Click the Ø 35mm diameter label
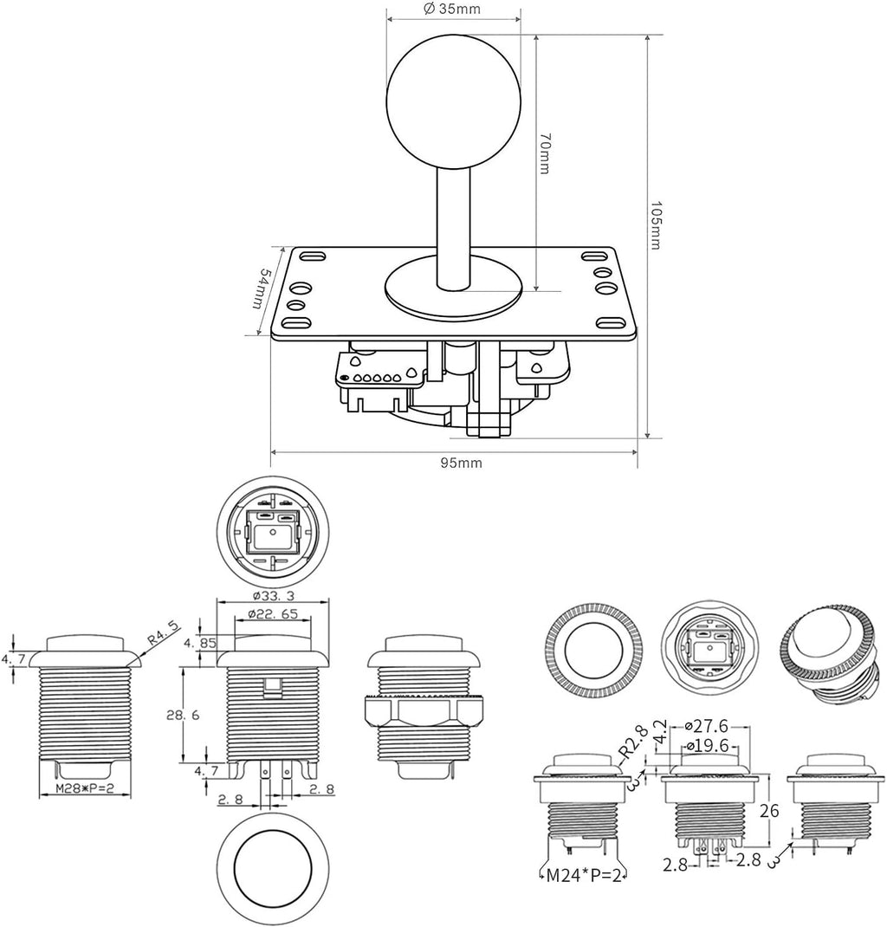click(x=452, y=9)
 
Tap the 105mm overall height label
click(x=656, y=224)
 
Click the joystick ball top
click(x=454, y=97)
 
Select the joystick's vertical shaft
click(x=454, y=228)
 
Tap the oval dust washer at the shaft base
click(x=454, y=286)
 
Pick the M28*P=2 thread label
click(x=85, y=788)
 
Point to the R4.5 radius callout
click(x=163, y=636)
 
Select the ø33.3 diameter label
click(x=272, y=595)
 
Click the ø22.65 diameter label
click(x=273, y=613)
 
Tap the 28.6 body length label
click(x=183, y=715)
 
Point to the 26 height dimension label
click(x=769, y=810)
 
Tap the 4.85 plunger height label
click(x=200, y=643)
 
